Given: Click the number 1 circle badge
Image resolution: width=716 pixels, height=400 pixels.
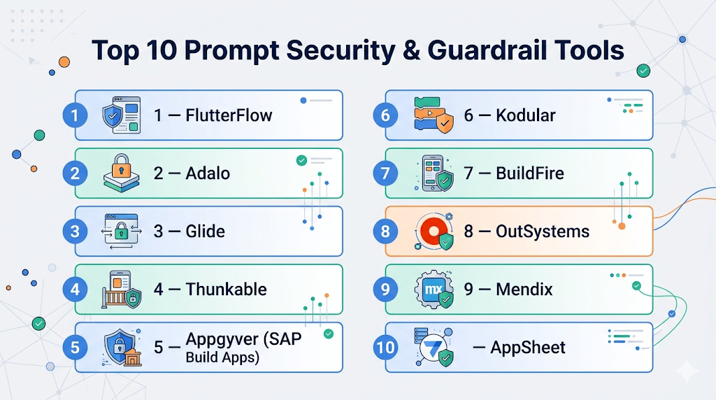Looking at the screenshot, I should [75, 115].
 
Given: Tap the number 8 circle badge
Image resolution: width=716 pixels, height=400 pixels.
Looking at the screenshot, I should [385, 231].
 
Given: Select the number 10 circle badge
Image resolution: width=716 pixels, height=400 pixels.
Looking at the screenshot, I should [385, 348].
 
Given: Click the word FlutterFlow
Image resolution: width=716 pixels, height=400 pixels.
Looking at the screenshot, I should [229, 115].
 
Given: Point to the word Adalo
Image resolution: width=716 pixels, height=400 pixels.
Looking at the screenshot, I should [208, 173].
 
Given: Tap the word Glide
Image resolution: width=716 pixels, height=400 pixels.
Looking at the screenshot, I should [206, 231].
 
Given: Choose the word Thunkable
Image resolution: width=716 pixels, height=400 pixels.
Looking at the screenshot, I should [226, 289].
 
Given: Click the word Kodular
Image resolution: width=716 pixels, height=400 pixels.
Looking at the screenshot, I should [526, 115].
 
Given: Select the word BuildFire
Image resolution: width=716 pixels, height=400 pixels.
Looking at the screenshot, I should [530, 173].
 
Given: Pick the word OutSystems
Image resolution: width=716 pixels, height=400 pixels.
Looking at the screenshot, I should [543, 231].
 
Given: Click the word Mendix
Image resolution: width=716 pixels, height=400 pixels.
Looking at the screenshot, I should [524, 289].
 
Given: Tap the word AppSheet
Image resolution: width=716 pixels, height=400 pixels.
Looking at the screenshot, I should [528, 348].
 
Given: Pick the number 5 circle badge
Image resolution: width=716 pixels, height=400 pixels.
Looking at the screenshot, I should [75, 348].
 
